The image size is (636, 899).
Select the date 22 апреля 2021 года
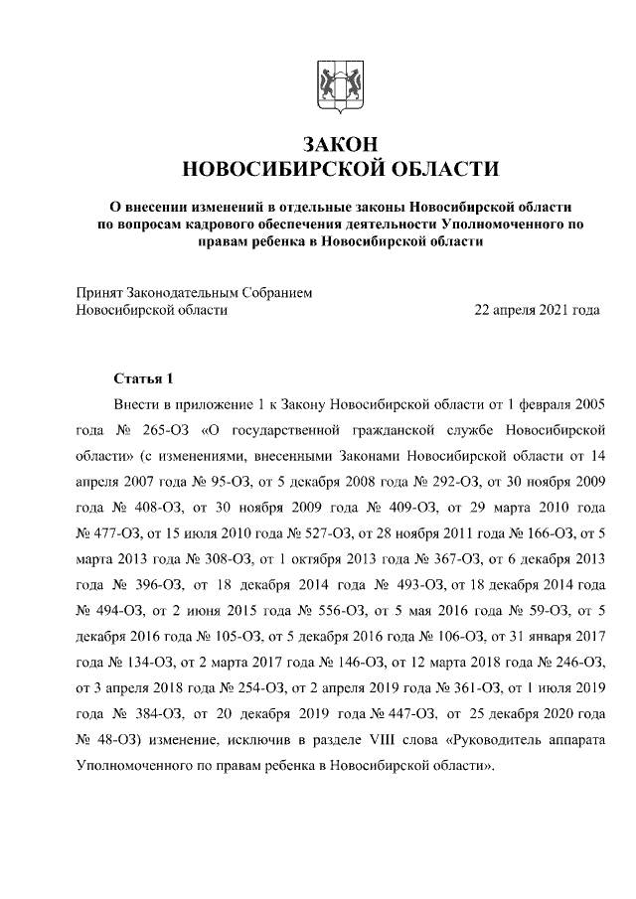(538, 310)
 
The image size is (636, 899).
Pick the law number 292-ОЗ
(448, 483)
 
